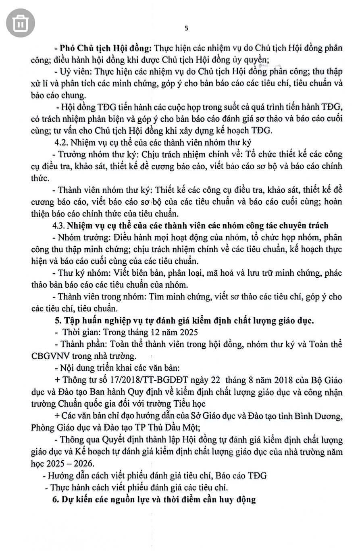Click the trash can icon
point(20,23)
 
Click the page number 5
point(186,28)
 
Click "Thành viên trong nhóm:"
point(97,297)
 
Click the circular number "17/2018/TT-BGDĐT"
point(146,381)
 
